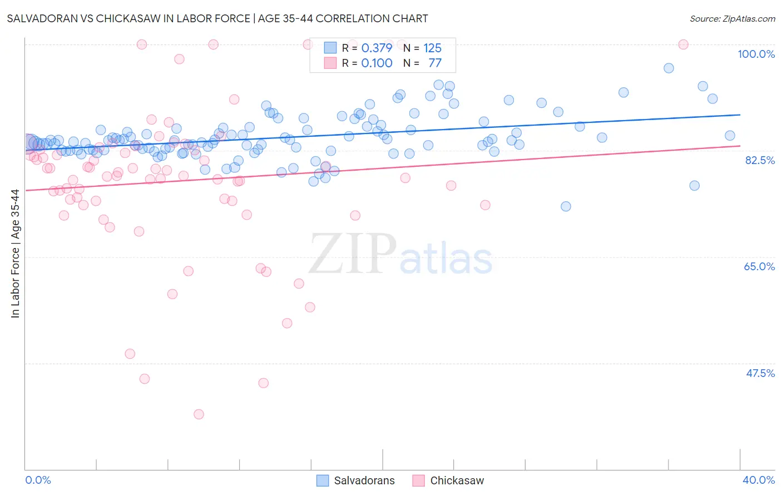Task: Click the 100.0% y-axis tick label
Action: click(x=756, y=54)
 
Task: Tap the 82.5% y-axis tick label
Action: click(x=760, y=160)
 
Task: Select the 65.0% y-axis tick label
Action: click(x=759, y=266)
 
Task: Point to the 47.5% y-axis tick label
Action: click(x=760, y=373)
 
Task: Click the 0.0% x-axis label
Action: click(x=38, y=480)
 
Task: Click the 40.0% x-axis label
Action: click(x=759, y=480)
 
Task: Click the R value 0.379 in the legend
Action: click(x=377, y=48)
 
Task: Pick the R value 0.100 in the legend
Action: click(x=377, y=63)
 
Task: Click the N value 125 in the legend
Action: click(x=432, y=48)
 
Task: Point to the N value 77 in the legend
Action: click(x=435, y=63)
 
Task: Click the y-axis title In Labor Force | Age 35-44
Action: click(x=15, y=254)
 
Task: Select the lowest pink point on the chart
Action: click(x=199, y=414)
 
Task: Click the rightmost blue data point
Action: click(x=730, y=136)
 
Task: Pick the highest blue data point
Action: click(x=669, y=68)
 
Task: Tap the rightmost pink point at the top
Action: click(x=684, y=44)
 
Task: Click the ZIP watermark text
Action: click(x=353, y=254)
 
